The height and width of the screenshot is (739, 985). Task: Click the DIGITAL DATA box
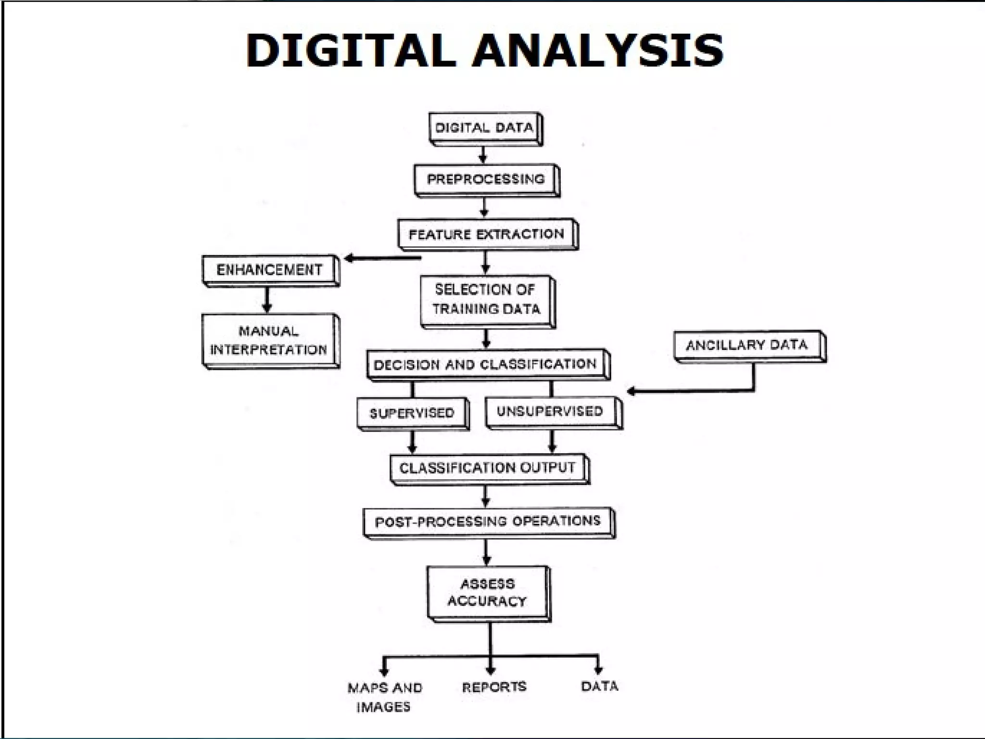pos(484,128)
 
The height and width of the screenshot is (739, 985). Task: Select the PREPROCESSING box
pos(486,179)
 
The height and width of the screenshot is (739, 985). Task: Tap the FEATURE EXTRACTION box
pos(487,234)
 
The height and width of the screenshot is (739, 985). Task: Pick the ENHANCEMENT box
pos(269,270)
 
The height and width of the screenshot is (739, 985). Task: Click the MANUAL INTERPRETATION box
pos(269,340)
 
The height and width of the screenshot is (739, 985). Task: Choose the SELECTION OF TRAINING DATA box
pos(487,300)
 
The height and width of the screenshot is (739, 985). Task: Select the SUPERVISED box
pos(412,413)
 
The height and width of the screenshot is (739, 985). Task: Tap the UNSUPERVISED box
pos(551,411)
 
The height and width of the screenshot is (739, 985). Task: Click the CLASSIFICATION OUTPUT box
pos(488,468)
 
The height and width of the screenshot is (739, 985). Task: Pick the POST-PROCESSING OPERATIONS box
pos(488,522)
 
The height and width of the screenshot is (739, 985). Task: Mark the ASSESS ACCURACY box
pos(488,593)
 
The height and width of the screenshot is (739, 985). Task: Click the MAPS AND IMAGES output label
pos(385,697)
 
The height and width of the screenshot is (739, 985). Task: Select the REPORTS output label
pos(494,687)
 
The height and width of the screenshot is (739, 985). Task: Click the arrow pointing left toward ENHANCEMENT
pos(382,259)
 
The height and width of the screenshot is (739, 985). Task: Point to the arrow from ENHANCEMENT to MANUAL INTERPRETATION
pos(267,300)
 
